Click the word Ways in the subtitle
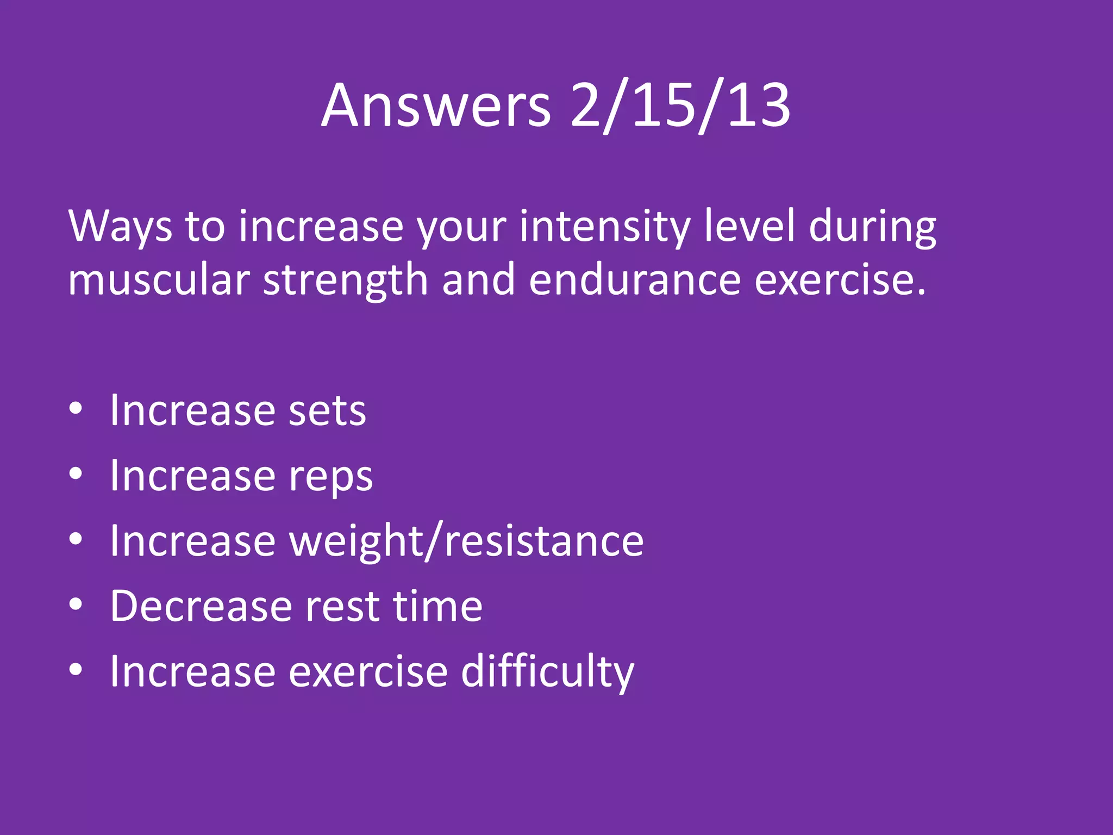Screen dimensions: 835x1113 coord(120,226)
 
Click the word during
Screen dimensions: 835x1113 coord(872,226)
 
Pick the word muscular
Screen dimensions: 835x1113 coord(159,279)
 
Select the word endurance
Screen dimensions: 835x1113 coord(635,279)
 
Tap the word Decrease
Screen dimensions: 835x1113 coord(201,606)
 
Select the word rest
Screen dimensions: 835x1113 coord(342,606)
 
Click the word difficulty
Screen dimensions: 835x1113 coord(547,672)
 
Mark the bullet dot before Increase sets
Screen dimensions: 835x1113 coord(76,408)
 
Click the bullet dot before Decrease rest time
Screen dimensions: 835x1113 coord(76,604)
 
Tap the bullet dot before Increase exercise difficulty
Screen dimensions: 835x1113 coord(76,670)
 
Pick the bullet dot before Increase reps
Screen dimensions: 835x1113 coord(76,473)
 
